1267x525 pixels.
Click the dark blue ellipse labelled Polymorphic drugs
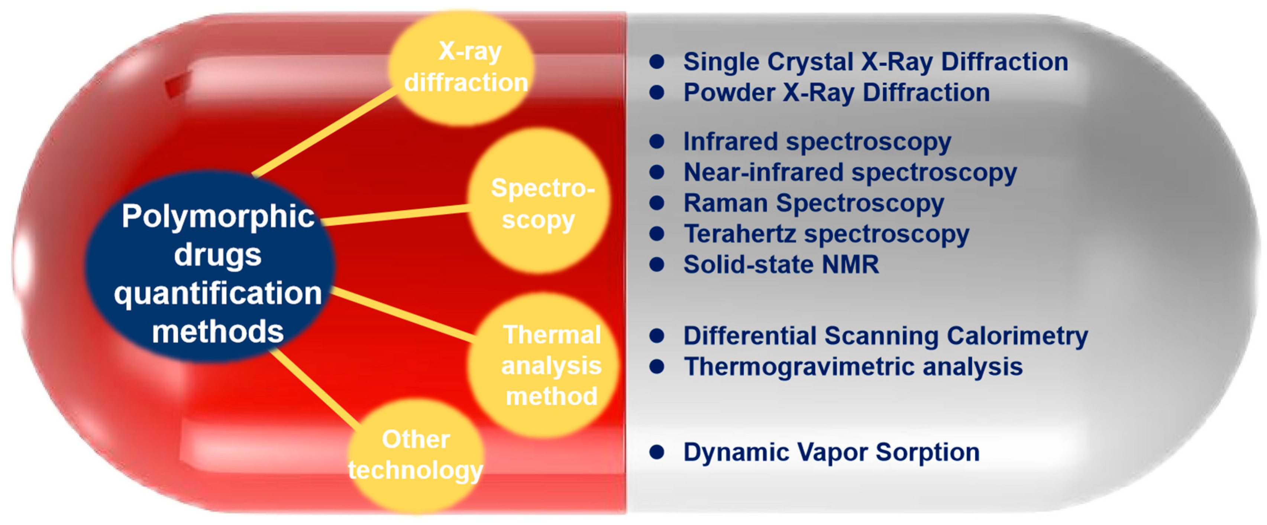click(210, 267)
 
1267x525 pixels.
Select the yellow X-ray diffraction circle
click(461, 68)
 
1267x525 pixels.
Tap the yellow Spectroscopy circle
click(539, 200)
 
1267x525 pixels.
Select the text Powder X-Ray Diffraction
click(837, 92)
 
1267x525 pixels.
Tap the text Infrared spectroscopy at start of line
click(817, 142)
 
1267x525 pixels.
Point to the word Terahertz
click(740, 234)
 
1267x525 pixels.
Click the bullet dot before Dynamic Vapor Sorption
click(657, 452)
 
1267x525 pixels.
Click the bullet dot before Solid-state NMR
click(657, 264)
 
